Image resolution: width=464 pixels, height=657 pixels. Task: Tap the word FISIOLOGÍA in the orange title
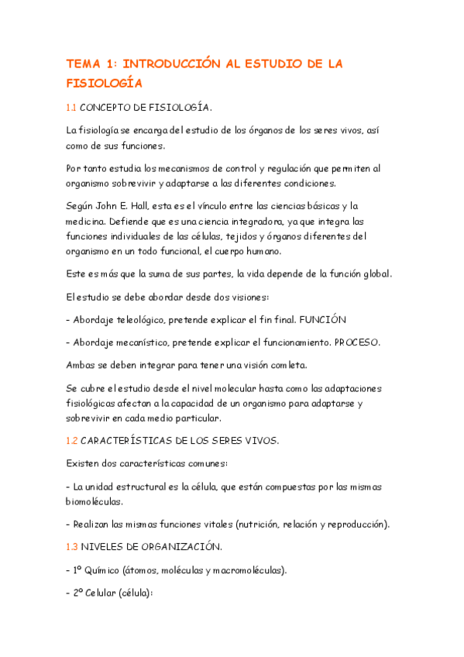point(105,82)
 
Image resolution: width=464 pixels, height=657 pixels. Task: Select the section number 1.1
point(71,107)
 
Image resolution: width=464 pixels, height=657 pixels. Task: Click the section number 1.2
point(71,441)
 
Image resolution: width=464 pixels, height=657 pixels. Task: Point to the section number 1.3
point(71,547)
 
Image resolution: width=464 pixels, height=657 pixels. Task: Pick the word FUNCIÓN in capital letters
point(323,318)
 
